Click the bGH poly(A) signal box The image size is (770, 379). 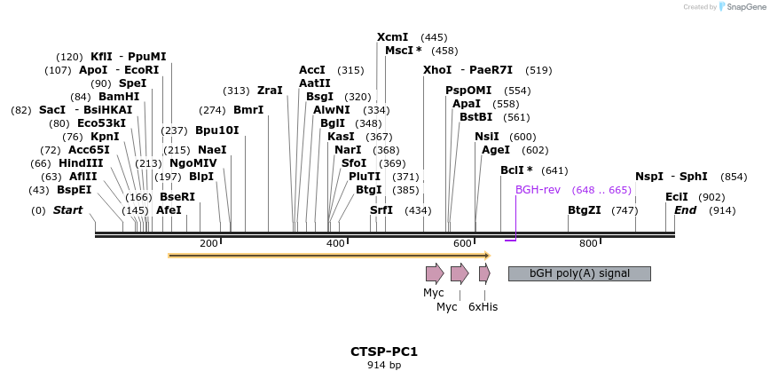(x=579, y=273)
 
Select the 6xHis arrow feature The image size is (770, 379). (x=484, y=273)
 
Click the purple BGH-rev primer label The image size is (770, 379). (x=538, y=190)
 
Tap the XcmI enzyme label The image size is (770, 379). (x=392, y=37)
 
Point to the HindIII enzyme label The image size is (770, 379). (x=81, y=163)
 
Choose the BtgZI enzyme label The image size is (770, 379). (x=585, y=210)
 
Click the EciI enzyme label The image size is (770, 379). (x=677, y=197)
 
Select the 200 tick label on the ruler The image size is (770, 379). (x=208, y=243)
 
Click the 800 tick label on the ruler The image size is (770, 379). (x=588, y=243)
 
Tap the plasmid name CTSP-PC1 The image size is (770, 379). (x=384, y=351)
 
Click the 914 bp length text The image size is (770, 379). (x=384, y=365)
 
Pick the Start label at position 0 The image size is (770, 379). (x=67, y=210)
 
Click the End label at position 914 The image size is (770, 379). (x=685, y=210)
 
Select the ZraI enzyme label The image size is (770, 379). (x=270, y=91)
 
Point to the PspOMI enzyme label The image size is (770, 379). (x=468, y=91)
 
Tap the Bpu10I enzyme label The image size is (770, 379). (x=216, y=130)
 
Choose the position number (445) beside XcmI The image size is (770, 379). (x=434, y=37)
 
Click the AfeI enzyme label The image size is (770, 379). (x=169, y=210)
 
